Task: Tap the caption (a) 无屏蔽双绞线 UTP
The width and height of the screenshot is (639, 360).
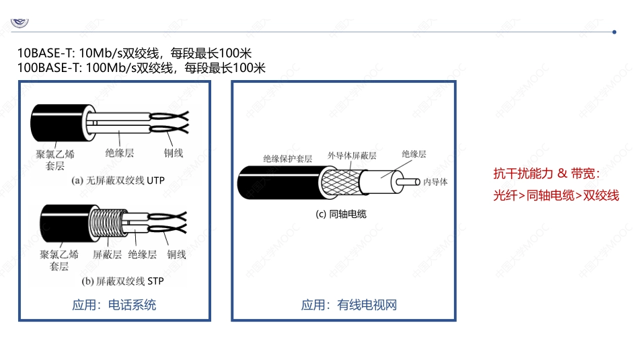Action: (x=118, y=180)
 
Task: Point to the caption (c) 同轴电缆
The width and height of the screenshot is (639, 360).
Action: (x=341, y=214)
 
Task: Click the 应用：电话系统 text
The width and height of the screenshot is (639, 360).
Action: (x=114, y=305)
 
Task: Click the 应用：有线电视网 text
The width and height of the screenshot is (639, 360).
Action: (x=348, y=305)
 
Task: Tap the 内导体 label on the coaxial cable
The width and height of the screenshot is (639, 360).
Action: (x=435, y=182)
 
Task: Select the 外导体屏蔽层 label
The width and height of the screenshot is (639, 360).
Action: (x=352, y=155)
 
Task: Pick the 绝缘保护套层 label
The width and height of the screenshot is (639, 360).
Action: (x=287, y=159)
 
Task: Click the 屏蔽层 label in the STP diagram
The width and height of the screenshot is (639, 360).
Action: (x=107, y=254)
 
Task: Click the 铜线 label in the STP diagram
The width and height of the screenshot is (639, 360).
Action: (x=176, y=254)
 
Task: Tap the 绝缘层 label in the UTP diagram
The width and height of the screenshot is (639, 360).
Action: (x=120, y=153)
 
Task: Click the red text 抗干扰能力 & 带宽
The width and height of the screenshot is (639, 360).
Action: (x=546, y=174)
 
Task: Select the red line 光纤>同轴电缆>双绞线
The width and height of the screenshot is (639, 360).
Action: (x=556, y=195)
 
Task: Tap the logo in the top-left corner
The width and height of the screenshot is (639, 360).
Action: (x=20, y=20)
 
